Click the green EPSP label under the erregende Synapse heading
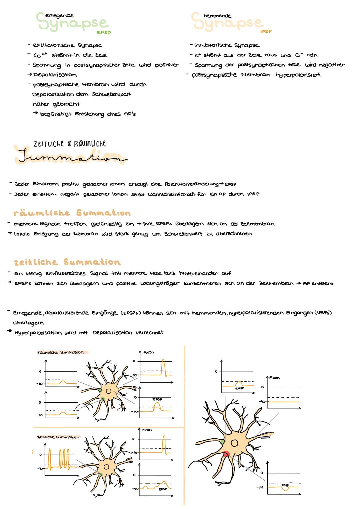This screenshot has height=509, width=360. pyautogui.click(x=103, y=33)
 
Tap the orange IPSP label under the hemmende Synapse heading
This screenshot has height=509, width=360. pyautogui.click(x=266, y=31)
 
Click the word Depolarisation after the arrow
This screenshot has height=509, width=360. pyautogui.click(x=55, y=75)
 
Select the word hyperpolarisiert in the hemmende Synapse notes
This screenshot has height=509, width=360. pyautogui.click(x=298, y=75)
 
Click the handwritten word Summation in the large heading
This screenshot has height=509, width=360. pyautogui.click(x=72, y=157)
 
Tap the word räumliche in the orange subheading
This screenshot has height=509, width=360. pyautogui.click(x=42, y=213)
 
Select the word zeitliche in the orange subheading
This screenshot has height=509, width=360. pyautogui.click(x=36, y=262)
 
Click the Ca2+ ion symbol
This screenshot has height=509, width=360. pyautogui.click(x=40, y=55)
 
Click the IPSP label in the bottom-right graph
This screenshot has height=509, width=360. pyautogui.click(x=285, y=485)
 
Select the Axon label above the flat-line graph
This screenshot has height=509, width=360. pyautogui.click(x=274, y=378)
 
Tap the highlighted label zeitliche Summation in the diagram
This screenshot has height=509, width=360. pyautogui.click(x=58, y=437)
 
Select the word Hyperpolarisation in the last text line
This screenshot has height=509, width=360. pyautogui.click(x=38, y=333)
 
